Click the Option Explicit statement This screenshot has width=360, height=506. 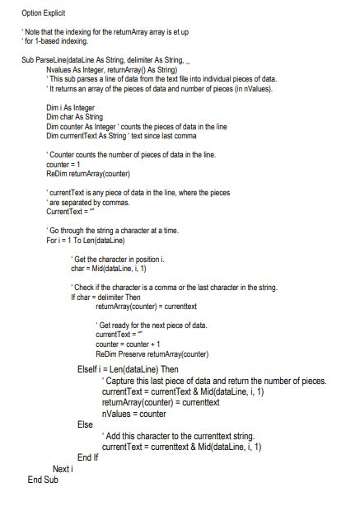click(x=44, y=14)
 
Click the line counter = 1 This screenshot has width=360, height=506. click(x=64, y=164)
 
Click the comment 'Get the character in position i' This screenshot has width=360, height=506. click(x=119, y=259)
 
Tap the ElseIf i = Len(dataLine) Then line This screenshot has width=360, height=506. click(x=127, y=369)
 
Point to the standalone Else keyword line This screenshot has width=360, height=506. click(x=85, y=424)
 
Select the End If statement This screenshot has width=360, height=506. click(x=88, y=457)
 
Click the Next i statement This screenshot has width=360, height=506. click(x=63, y=468)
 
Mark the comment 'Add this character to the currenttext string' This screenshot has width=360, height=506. click(x=177, y=435)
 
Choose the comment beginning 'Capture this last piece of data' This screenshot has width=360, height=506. click(x=214, y=381)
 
